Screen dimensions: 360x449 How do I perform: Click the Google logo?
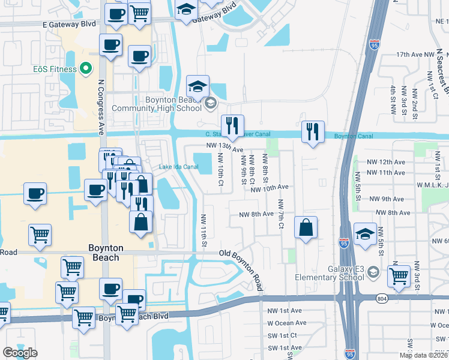coord(20,352)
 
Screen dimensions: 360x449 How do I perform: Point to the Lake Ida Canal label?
coord(178,167)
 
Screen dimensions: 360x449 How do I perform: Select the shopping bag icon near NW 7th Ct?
coord(306,228)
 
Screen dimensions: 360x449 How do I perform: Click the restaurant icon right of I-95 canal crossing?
coord(313,131)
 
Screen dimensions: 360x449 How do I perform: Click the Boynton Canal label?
coord(353,137)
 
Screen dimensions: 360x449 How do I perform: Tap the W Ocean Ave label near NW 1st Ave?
coord(287,323)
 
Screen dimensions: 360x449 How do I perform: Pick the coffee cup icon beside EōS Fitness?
coord(110,45)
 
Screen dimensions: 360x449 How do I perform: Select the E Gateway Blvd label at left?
coord(69,25)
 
